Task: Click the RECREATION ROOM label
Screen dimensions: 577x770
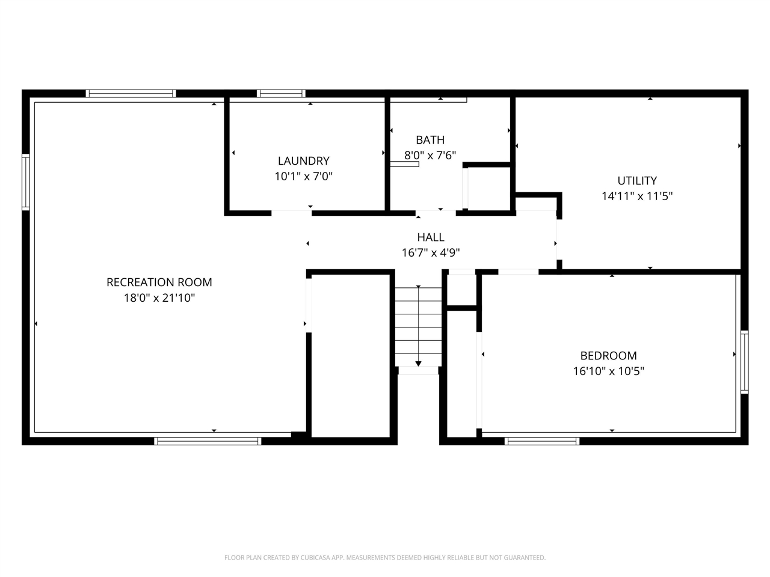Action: pos(159,282)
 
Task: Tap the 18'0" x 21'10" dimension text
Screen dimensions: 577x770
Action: pos(159,298)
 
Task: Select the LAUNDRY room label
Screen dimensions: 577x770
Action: pos(303,160)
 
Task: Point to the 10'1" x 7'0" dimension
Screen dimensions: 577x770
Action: pos(303,176)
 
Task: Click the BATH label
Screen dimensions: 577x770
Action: pos(430,140)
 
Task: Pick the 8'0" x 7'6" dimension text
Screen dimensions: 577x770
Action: pos(430,156)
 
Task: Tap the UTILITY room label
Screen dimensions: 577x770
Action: pos(637,180)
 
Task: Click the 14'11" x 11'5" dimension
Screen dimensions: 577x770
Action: pos(637,196)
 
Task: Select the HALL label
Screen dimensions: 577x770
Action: pos(431,237)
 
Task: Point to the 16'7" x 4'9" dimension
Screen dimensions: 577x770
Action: pos(431,253)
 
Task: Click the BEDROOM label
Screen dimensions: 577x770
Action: pos(608,355)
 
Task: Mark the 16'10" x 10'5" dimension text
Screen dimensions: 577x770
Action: pos(608,371)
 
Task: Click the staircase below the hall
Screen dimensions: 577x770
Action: pos(419,325)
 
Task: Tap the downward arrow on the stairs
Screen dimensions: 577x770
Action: pos(419,362)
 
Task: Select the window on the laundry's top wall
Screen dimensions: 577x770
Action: pos(281,93)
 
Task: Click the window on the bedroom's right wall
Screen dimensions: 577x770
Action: pos(744,362)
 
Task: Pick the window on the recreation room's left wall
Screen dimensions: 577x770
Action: pos(26,182)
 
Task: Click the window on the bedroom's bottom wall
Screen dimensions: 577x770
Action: pos(542,441)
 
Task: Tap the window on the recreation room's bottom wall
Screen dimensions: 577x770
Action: pos(208,441)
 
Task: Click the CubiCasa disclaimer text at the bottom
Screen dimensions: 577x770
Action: pos(385,558)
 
